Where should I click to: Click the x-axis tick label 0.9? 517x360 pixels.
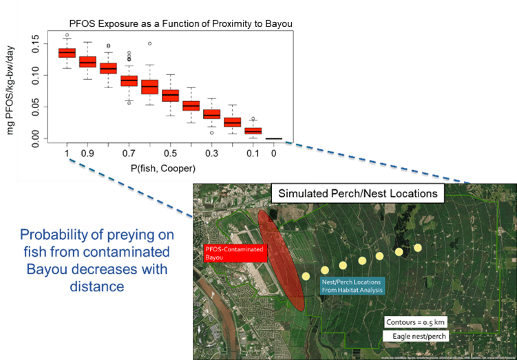(x=87, y=153)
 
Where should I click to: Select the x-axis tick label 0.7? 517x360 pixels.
(x=129, y=153)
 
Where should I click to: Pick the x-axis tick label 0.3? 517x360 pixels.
(x=211, y=153)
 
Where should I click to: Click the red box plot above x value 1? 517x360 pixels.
(x=67, y=53)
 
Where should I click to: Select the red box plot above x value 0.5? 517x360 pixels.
(x=170, y=95)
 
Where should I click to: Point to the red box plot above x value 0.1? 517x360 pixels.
(x=253, y=131)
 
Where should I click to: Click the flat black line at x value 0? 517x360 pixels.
(x=274, y=138)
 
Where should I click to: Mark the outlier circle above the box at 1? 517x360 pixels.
(x=67, y=35)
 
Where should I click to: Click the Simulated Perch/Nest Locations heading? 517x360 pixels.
(x=357, y=193)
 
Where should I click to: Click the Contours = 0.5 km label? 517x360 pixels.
(x=416, y=321)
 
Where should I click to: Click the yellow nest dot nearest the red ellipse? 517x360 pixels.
(x=306, y=276)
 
